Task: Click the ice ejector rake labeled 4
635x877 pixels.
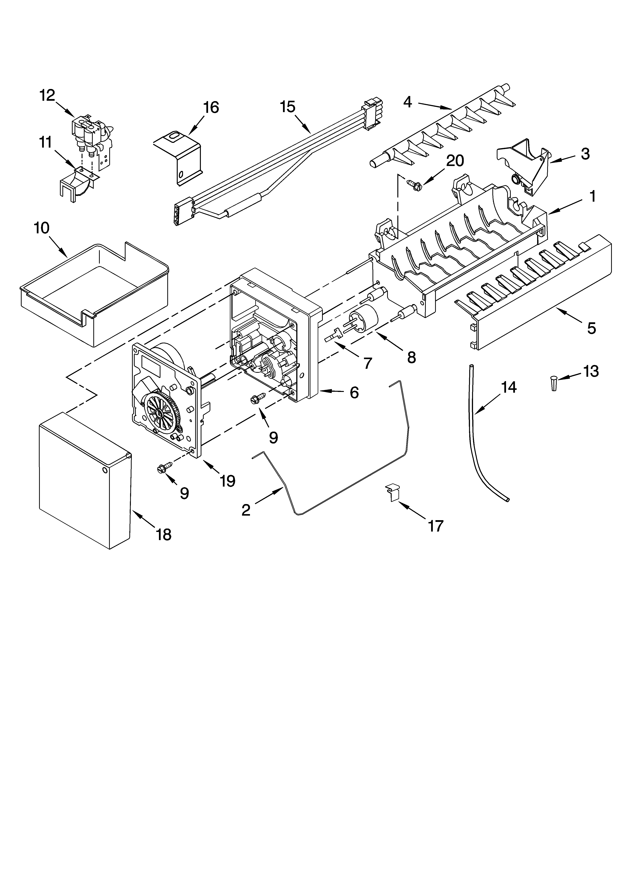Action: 441,131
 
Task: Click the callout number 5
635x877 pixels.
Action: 591,328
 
